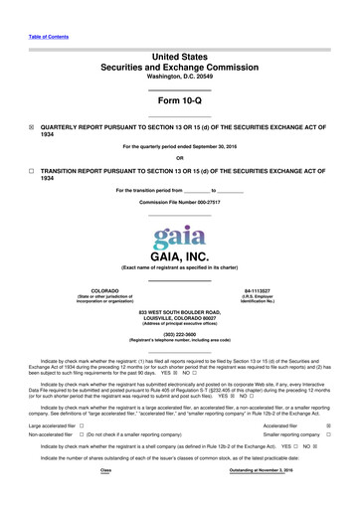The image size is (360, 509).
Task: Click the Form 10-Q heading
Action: point(179,102)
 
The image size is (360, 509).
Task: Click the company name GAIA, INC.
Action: point(179,257)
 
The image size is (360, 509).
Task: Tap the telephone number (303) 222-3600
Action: point(179,334)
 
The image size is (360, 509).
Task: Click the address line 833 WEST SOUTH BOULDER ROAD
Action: point(179,311)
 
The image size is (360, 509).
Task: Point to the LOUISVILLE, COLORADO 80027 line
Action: point(179,317)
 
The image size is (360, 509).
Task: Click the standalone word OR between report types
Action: point(179,157)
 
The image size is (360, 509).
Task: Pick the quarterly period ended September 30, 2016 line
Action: point(179,146)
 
